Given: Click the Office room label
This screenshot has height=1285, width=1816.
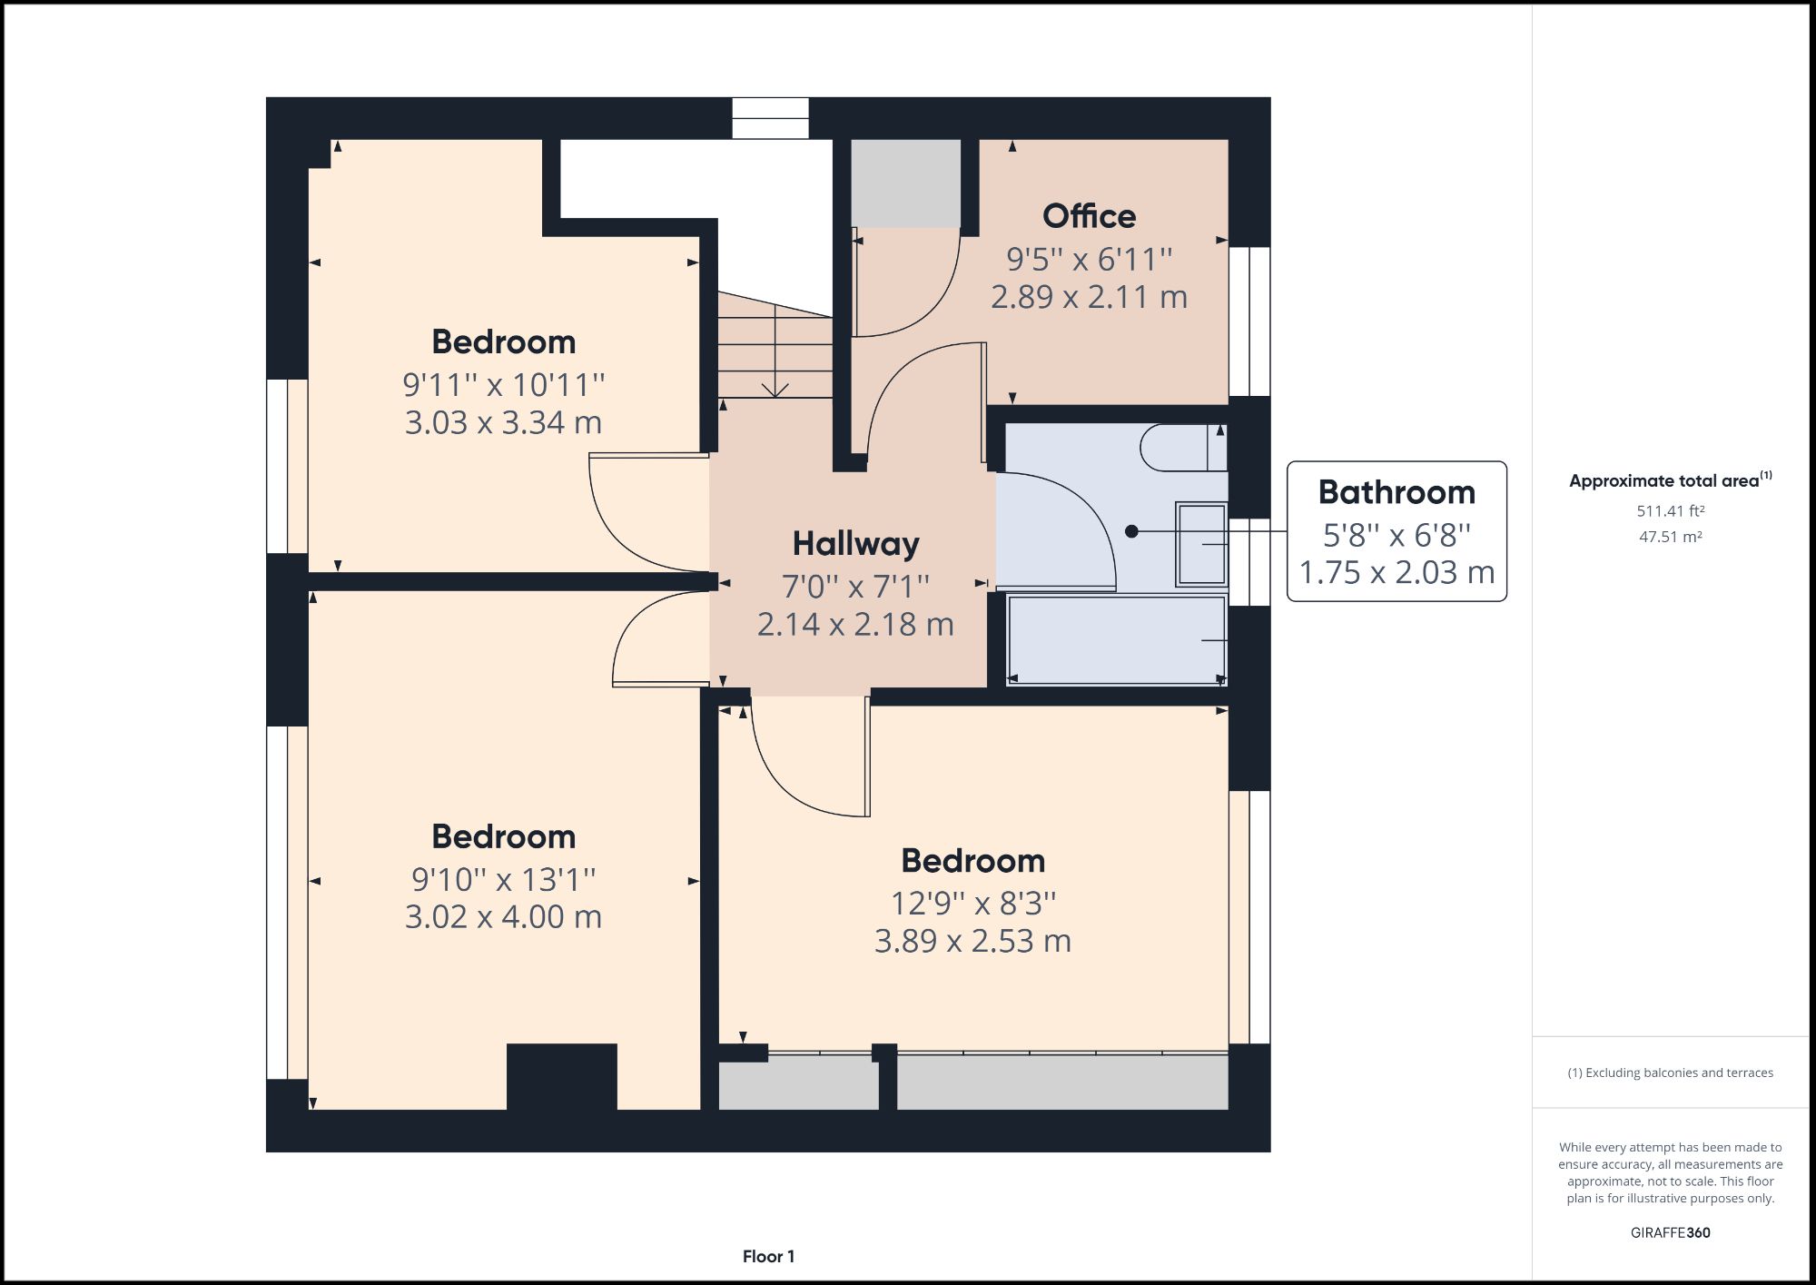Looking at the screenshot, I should click(x=1089, y=216).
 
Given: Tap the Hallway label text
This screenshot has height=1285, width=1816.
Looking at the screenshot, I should click(x=855, y=543).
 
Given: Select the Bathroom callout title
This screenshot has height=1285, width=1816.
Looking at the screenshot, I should click(x=1397, y=492).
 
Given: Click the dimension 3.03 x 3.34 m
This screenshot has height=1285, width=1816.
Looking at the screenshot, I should click(x=503, y=422).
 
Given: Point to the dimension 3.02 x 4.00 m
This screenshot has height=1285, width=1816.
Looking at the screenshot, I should click(x=503, y=916).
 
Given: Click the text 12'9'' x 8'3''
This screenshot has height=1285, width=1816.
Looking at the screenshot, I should click(x=972, y=903).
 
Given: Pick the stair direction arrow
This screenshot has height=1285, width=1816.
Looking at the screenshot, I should click(x=775, y=388).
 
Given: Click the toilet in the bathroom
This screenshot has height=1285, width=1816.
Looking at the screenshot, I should click(x=1181, y=448).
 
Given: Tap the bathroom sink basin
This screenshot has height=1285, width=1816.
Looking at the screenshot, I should click(x=1201, y=543).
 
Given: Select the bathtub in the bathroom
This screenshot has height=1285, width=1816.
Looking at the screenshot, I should click(x=1116, y=639).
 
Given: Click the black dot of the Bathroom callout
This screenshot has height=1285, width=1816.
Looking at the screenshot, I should click(x=1131, y=531).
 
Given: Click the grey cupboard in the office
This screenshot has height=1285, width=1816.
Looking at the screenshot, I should click(x=905, y=183).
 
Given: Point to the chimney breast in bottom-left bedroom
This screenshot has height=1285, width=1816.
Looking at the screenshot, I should click(x=561, y=1076).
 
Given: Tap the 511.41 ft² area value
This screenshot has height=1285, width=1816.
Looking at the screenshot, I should click(x=1670, y=511).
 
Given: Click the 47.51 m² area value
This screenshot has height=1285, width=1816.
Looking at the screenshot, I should click(x=1670, y=537).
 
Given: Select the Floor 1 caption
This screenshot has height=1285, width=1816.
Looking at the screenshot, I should click(x=768, y=1257).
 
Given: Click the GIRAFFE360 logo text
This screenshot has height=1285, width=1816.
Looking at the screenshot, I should click(x=1670, y=1232).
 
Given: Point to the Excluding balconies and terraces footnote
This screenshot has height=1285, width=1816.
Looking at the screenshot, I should click(x=1670, y=1072).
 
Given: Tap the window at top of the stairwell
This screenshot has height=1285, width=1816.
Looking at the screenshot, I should click(x=770, y=118).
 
